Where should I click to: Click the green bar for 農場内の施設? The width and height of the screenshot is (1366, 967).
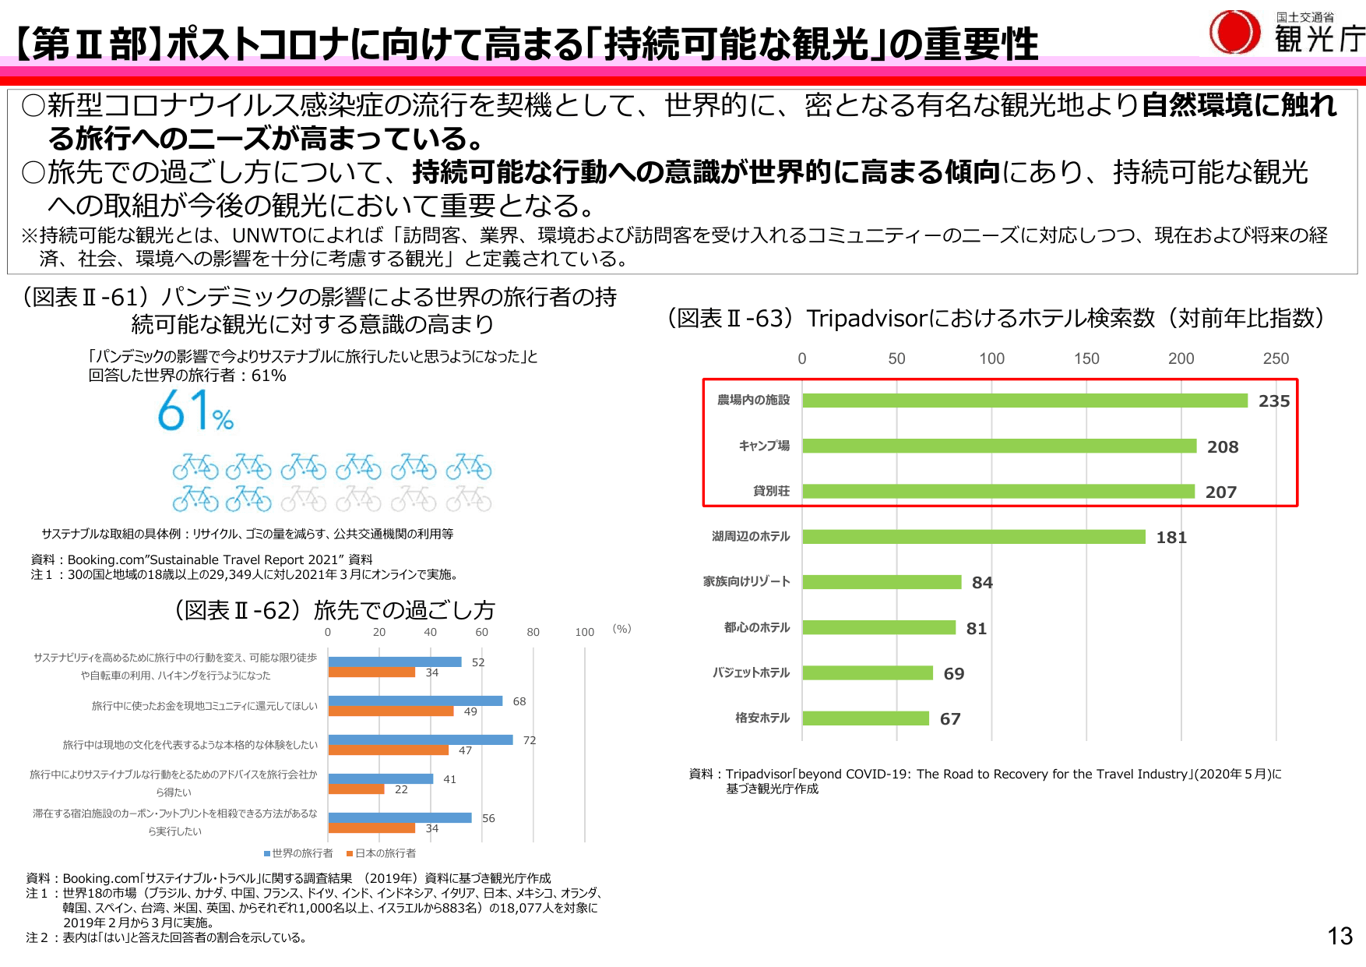pos(1025,401)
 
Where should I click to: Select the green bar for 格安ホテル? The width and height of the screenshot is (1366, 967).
pos(865,718)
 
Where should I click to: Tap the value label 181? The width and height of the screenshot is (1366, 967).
pos(1171,538)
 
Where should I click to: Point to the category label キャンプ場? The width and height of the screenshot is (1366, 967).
pos(764,446)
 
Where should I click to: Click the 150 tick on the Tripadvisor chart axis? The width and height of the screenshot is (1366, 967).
pos(1086,358)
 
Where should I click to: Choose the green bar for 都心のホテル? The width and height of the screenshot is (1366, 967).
pos(878,628)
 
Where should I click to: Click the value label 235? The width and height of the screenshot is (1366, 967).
pos(1274,401)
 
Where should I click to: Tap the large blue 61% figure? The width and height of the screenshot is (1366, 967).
pos(195,411)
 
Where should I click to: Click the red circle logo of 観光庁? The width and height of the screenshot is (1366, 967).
pos(1234,33)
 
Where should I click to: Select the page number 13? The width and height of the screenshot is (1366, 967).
pos(1340,936)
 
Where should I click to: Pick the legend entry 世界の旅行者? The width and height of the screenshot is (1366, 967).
pos(299,853)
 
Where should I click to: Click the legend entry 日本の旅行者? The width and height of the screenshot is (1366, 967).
pos(382,853)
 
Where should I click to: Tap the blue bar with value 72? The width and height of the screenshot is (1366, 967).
pos(421,739)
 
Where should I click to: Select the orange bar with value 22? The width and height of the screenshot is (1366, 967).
pos(357,789)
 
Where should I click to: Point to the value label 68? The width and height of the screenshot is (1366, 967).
pos(519,701)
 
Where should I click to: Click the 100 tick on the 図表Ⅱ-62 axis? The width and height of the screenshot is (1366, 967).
pos(584,632)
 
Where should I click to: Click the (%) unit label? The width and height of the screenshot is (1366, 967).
pos(621,629)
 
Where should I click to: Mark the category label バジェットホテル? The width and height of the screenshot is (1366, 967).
pos(751,672)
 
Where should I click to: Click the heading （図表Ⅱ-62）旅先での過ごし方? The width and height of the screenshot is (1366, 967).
pos(335,610)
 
